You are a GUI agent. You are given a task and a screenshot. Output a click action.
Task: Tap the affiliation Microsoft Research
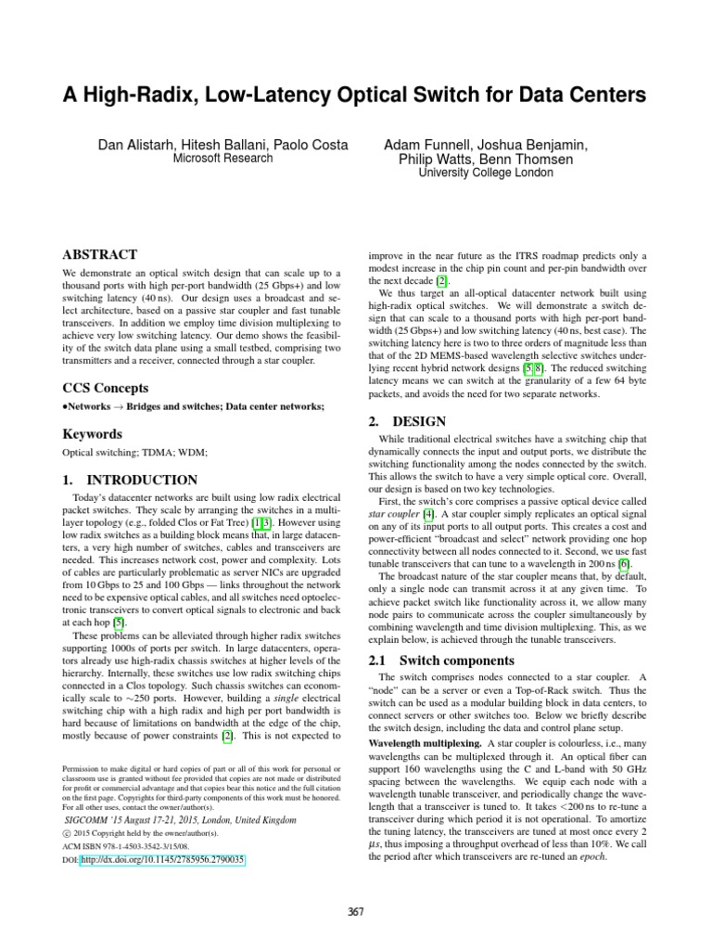click(223, 159)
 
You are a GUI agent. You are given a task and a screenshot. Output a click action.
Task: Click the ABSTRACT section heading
click(99, 254)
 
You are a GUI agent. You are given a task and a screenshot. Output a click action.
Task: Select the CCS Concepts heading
click(106, 387)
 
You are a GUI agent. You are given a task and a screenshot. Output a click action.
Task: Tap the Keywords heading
click(93, 433)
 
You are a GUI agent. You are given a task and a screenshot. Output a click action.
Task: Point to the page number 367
click(356, 913)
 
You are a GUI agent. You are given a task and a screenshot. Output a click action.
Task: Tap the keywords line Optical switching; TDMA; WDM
click(134, 453)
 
